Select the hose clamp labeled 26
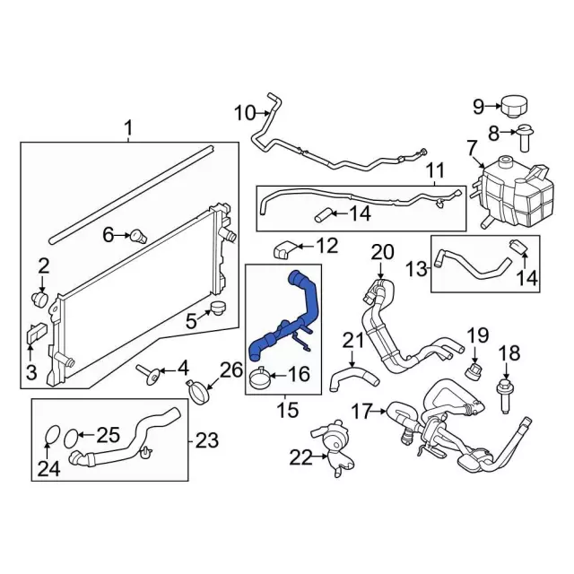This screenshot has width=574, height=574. click(x=203, y=390)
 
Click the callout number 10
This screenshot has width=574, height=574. click(x=244, y=113)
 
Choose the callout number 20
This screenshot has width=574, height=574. click(x=383, y=252)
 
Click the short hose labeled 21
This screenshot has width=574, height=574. click(x=343, y=377)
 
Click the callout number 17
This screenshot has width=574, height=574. click(x=361, y=412)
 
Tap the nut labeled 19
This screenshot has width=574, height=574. click(x=471, y=369)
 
